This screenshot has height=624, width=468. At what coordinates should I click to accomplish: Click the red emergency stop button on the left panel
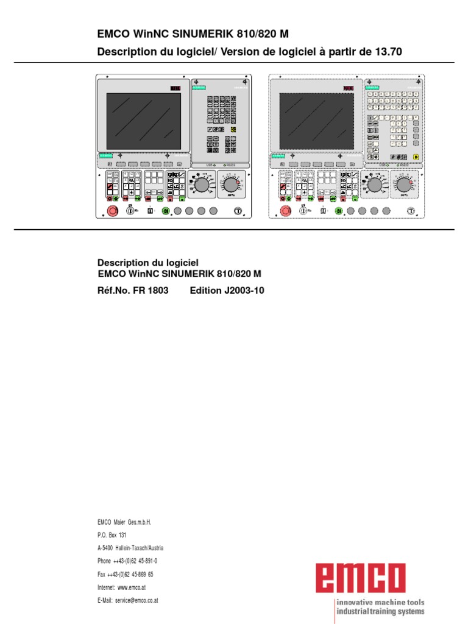(112, 211)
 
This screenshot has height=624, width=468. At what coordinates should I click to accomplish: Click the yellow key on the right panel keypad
(416, 157)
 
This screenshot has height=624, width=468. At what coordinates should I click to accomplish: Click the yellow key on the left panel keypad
(233, 129)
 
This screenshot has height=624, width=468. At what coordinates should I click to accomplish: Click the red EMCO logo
(361, 578)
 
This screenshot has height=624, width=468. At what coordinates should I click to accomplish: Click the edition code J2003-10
(227, 291)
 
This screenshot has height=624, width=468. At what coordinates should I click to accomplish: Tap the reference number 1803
(157, 291)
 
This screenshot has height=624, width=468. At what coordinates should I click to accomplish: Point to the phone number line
(131, 561)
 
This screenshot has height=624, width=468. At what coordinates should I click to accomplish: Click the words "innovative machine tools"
(381, 602)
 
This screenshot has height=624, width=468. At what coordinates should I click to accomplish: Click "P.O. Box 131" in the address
(112, 535)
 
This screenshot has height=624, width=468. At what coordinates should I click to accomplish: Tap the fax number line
(125, 574)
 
